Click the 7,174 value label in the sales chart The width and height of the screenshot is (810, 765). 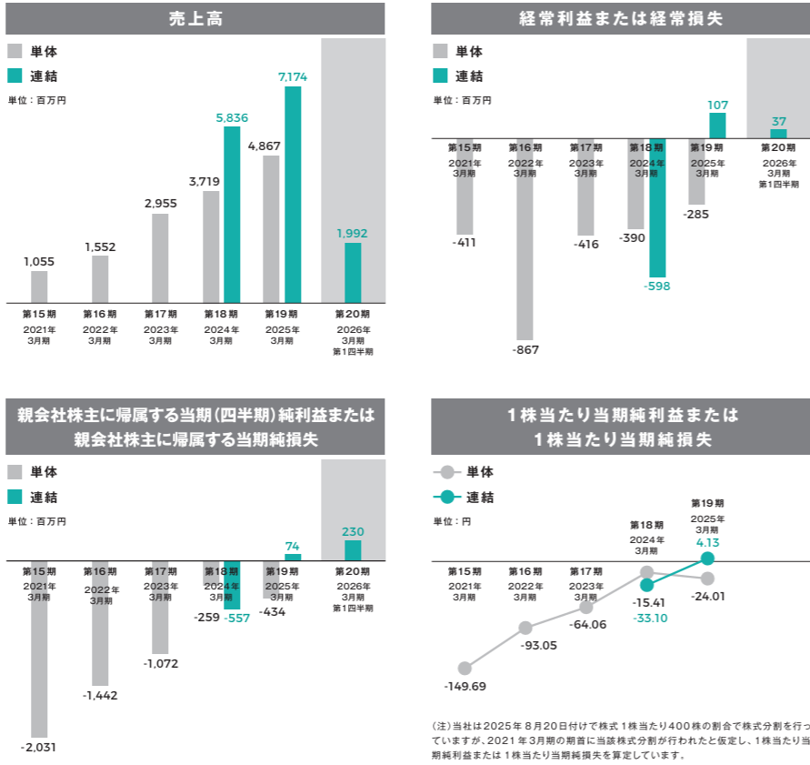[x=293, y=78]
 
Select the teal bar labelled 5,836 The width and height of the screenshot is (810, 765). [x=232, y=215]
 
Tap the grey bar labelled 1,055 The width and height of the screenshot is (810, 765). [x=39, y=287]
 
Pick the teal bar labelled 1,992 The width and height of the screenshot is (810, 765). [x=353, y=272]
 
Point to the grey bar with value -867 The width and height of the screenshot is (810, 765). [x=525, y=239]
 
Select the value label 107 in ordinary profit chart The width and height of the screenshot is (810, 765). [x=717, y=106]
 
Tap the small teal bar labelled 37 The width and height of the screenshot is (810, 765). [x=778, y=134]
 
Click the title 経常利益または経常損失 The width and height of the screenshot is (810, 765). [x=621, y=18]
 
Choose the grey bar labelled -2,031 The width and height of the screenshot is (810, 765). [x=39, y=649]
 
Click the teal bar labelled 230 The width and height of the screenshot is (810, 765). [x=353, y=550]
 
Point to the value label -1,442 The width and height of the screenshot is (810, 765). [x=100, y=695]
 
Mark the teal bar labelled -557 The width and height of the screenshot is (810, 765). [x=232, y=585]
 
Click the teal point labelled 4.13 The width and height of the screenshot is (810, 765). [x=708, y=558]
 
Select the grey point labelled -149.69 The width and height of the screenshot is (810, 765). [x=465, y=668]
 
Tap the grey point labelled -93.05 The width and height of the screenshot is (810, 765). [x=525, y=628]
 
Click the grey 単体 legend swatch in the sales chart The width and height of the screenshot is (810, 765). [x=15, y=52]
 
